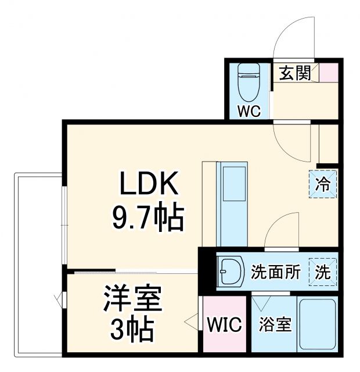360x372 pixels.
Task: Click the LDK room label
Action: (x=148, y=185)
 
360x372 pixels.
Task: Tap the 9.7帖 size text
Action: (x=147, y=218)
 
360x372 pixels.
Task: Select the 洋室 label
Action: (x=132, y=301)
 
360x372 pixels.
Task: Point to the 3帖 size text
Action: (x=132, y=331)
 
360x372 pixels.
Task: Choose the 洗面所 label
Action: (x=275, y=272)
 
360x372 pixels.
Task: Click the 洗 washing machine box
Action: (x=323, y=272)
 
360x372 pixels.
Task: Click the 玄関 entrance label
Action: (x=295, y=73)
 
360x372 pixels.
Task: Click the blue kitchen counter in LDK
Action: (x=231, y=203)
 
